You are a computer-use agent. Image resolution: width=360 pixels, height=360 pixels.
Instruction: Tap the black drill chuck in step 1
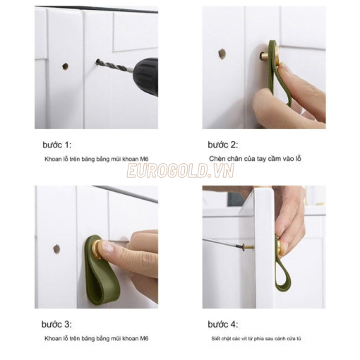click(x=145, y=76)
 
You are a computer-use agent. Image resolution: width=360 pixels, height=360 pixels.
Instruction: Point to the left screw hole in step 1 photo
click(x=65, y=66)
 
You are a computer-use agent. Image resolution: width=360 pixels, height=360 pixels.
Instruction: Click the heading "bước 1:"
click(x=57, y=145)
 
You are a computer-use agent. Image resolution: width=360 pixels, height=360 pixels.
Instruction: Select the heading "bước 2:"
click(x=223, y=145)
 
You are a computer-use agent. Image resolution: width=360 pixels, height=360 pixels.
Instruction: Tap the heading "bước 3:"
click(x=56, y=324)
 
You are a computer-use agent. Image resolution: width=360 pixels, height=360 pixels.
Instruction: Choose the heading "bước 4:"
click(x=223, y=324)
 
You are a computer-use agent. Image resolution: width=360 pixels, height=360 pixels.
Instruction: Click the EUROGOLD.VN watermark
click(x=181, y=171)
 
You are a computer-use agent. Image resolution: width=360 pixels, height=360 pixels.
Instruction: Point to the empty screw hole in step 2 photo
click(x=222, y=54)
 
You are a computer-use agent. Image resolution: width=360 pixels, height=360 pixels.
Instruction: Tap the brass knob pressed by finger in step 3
click(x=98, y=249)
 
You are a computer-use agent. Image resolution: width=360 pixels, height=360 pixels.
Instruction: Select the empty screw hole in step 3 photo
click(x=56, y=249)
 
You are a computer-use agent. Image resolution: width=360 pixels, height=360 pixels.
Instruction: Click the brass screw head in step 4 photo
click(x=248, y=247)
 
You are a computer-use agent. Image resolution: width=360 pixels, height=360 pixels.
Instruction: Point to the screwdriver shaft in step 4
click(x=222, y=242)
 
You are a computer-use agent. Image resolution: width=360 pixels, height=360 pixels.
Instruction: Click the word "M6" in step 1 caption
click(x=144, y=159)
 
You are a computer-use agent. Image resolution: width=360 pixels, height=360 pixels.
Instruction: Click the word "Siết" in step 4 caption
click(x=215, y=339)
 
